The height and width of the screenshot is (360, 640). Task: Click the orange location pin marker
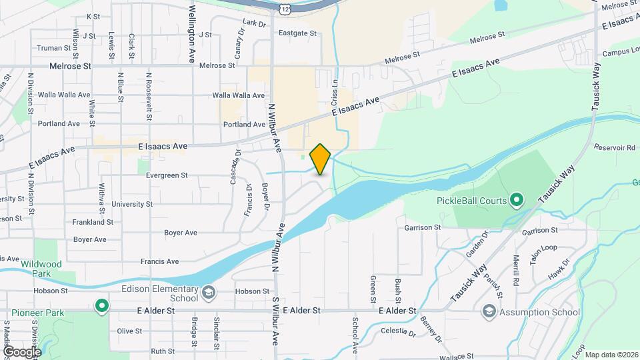click(x=321, y=159)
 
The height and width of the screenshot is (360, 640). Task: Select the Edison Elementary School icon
click(x=208, y=292)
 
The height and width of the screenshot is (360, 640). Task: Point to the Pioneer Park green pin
click(x=101, y=306)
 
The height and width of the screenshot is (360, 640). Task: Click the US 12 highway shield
click(x=285, y=7)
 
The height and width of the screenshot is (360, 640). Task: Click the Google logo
click(x=21, y=351)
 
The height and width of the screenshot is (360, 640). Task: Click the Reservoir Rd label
click(x=615, y=147)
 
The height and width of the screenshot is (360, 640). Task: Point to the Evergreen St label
click(x=167, y=175)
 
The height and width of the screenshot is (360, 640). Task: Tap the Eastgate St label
click(x=297, y=32)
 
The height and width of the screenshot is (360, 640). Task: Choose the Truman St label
click(x=53, y=48)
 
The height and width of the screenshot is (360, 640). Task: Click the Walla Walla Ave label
click(x=238, y=95)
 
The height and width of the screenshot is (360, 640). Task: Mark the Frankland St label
click(x=89, y=221)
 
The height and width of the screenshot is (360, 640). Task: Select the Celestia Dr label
click(x=398, y=331)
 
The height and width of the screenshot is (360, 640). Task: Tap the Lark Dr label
click(x=255, y=23)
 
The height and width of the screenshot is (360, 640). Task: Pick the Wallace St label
click(x=457, y=357)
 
